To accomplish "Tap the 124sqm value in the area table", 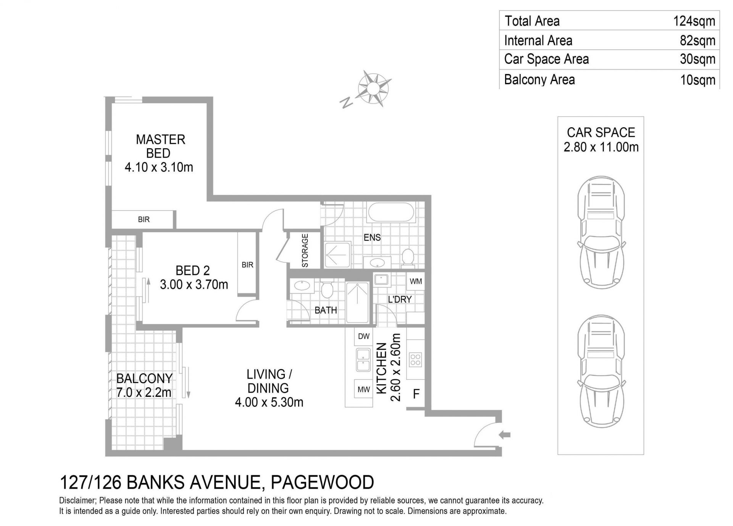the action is pyautogui.click(x=694, y=21).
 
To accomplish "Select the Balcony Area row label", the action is pyautogui.click(x=539, y=79).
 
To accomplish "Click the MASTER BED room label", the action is pyautogui.click(x=160, y=146).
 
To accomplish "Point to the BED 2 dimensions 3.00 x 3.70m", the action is pyautogui.click(x=194, y=284).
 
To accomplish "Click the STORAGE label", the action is pyautogui.click(x=305, y=251).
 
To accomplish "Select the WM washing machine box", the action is pyautogui.click(x=416, y=282).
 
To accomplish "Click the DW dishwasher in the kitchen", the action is pyautogui.click(x=364, y=336).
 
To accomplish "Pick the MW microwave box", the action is pyautogui.click(x=363, y=389).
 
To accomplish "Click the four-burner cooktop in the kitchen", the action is pyautogui.click(x=415, y=359).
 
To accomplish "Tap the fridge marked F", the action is pyautogui.click(x=416, y=393).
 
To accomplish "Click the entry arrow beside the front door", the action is pyautogui.click(x=505, y=434).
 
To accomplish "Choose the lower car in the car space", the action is pyautogui.click(x=601, y=371).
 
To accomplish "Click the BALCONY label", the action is pyautogui.click(x=144, y=378).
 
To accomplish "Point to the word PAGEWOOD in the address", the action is pyautogui.click(x=322, y=482).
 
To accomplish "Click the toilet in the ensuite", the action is pyautogui.click(x=408, y=257).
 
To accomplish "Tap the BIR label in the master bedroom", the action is pyautogui.click(x=144, y=220).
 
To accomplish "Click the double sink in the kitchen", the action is pyautogui.click(x=363, y=359).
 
